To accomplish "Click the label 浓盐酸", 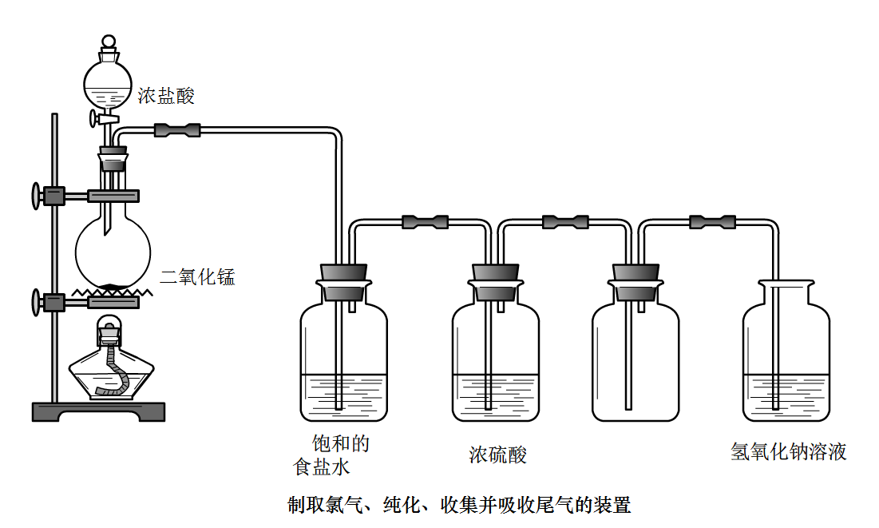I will (166, 97).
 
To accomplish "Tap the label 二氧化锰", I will (197, 278).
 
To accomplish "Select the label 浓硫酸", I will (497, 455).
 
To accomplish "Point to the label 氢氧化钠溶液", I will (788, 452).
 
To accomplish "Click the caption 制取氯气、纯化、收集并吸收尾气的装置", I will (459, 505).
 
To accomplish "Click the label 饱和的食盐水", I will (331, 455).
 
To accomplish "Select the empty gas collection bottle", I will (635, 359).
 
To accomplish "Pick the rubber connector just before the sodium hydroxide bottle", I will (711, 221).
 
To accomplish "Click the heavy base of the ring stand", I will (99, 411).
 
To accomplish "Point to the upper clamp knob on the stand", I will (36, 195).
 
